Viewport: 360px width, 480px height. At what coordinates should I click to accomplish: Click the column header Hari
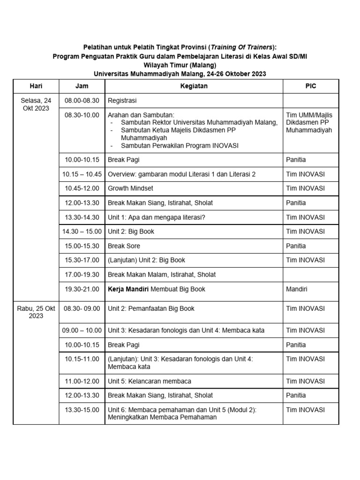coord(36,86)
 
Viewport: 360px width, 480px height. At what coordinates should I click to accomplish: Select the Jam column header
coord(82,86)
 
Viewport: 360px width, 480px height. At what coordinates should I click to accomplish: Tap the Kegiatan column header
coord(194,86)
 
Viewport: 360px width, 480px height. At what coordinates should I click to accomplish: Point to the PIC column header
coord(310,86)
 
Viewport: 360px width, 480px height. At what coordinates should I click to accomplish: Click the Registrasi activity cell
coord(122,100)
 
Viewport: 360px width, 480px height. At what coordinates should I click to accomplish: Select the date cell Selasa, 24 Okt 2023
coord(36,104)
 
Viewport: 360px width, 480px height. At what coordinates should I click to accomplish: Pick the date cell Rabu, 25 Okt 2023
coord(36,312)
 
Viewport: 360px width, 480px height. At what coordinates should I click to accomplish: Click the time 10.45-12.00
coord(82,188)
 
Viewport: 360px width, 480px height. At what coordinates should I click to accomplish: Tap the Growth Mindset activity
coord(130,188)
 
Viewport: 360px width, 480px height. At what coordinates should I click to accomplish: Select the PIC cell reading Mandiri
coord(297,289)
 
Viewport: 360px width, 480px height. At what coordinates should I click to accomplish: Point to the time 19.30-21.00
coord(82,289)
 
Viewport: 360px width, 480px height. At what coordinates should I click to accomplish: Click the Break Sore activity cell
coord(124,246)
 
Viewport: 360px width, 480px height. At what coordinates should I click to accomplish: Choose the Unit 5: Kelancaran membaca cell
coord(150,381)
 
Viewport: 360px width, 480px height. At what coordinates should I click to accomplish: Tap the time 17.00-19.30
coord(82,275)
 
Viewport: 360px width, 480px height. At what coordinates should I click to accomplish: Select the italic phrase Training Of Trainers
coord(241,47)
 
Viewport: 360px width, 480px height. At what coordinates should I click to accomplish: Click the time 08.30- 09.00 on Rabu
coord(82,308)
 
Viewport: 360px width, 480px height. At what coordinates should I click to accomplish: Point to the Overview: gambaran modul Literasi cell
coord(182,174)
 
